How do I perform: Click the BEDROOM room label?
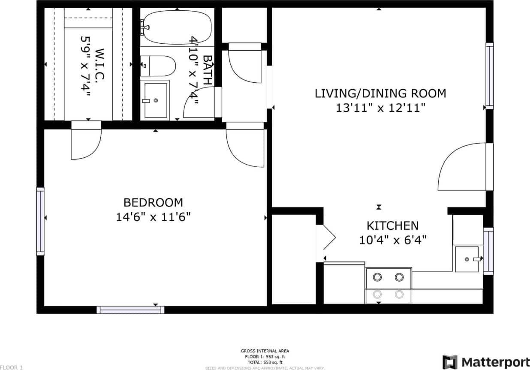(x=153, y=202)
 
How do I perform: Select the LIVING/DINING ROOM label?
(x=380, y=93)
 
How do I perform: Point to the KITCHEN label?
(x=392, y=226)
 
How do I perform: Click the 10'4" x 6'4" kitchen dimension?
(x=392, y=240)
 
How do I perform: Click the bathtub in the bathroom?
(x=177, y=27)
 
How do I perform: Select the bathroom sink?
(x=155, y=100)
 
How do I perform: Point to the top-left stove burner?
(x=377, y=277)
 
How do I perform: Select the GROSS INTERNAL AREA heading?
(x=265, y=351)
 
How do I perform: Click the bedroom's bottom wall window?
(x=130, y=310)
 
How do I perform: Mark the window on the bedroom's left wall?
(x=40, y=221)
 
